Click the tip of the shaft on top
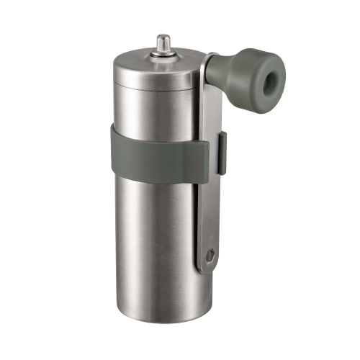pos(163,36)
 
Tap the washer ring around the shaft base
pos(163,53)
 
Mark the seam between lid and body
pos(151,91)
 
